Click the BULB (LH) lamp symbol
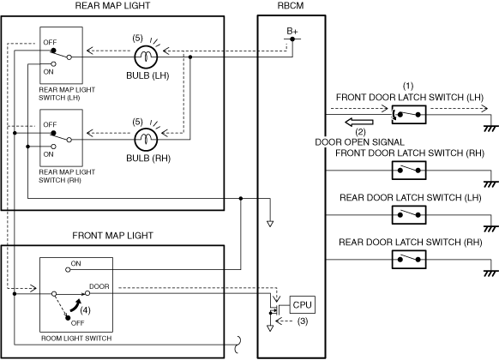[x=146, y=57]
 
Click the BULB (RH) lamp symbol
[x=146, y=140]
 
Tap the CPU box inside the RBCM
[x=302, y=304]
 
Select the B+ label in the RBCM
[x=292, y=31]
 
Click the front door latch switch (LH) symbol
[x=409, y=115]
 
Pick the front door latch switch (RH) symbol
[x=409, y=170]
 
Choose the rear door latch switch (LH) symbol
[x=409, y=214]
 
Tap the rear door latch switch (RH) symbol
[x=409, y=259]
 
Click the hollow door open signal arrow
[x=359, y=122]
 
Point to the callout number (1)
[x=408, y=86]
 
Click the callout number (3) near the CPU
[x=303, y=321]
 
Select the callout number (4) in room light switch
[x=85, y=309]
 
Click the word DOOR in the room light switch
[x=99, y=286]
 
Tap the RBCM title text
[x=291, y=6]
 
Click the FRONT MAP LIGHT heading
[x=112, y=236]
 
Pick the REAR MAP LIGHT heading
[x=112, y=6]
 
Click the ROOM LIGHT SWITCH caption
[x=76, y=339]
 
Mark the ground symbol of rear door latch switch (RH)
[x=490, y=273]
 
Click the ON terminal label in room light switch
[x=75, y=264]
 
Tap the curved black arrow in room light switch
[x=75, y=305]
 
